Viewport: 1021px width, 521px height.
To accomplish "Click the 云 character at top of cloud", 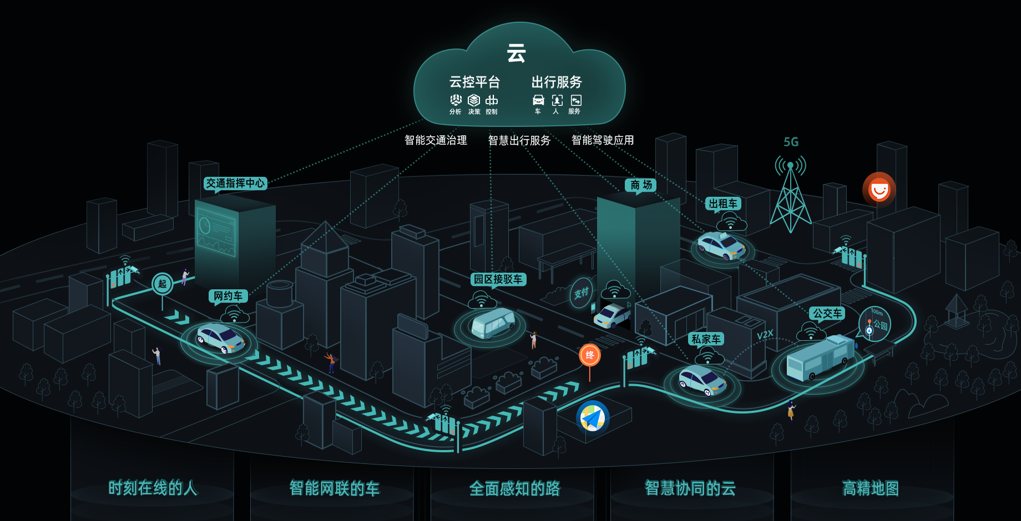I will [516, 54].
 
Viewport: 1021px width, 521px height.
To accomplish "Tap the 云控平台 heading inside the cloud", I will [474, 82].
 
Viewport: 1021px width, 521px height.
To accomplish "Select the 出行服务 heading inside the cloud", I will [557, 82].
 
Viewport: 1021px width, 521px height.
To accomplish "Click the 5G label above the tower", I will [791, 142].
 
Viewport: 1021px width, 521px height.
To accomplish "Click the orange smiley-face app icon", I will [879, 190].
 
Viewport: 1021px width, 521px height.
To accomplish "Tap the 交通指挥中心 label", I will [235, 183].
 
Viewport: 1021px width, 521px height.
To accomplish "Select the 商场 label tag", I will [640, 185].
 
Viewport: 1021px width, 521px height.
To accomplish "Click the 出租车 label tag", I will [723, 203].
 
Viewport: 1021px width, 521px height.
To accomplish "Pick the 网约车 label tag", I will [228, 296].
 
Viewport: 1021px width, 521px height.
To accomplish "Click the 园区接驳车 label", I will [498, 279].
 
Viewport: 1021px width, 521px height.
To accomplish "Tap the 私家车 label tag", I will [706, 339].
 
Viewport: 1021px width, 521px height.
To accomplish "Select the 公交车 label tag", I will [827, 313].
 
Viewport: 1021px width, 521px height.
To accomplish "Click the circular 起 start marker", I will [162, 284].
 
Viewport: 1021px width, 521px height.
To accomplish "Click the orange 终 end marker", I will [589, 355].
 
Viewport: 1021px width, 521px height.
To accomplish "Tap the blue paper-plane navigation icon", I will [592, 417].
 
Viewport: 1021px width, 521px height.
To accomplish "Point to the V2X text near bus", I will [765, 335].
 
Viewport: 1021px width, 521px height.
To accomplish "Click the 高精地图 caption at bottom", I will [870, 488].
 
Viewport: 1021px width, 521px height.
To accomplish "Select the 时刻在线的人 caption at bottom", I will [153, 488].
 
